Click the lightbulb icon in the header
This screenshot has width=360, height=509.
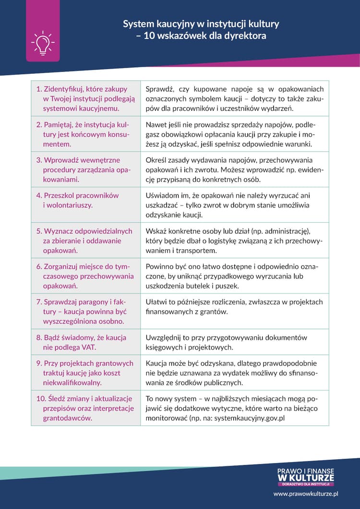[42, 42]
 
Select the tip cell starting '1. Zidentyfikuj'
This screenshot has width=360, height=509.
[85, 98]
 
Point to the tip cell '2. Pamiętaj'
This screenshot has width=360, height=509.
[85, 134]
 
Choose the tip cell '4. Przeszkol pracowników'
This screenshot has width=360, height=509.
[85, 205]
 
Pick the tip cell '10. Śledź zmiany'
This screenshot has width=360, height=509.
[85, 408]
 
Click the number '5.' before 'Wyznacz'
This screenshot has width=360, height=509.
[39, 231]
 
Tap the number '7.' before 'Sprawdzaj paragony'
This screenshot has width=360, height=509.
[39, 302]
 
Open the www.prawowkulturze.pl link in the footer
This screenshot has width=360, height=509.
[306, 493]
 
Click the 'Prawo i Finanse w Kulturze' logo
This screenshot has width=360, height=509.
[306, 477]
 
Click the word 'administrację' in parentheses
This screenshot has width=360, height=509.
[287, 231]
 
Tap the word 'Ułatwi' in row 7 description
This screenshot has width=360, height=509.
[156, 302]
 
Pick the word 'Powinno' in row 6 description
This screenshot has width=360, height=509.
[159, 267]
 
